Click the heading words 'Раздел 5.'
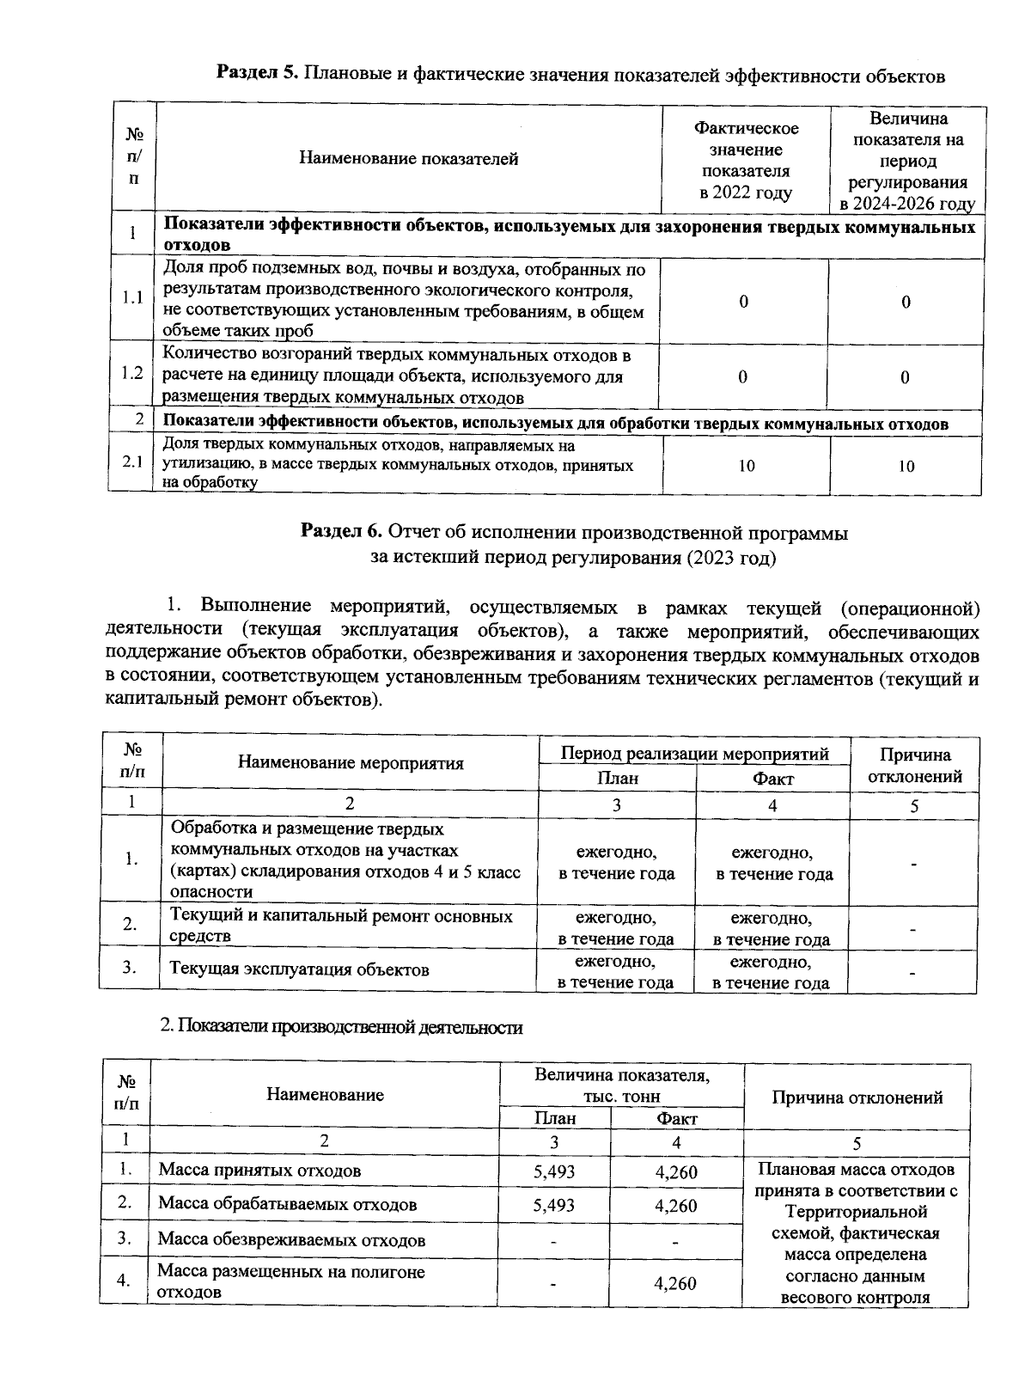[x=256, y=75]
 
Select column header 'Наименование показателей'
[x=408, y=159]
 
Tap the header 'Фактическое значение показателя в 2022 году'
[x=746, y=161]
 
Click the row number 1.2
[x=132, y=373]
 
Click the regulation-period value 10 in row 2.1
[x=906, y=466]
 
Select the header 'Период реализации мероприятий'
[x=694, y=754]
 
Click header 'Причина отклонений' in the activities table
[x=914, y=766]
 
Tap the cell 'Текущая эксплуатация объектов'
[x=299, y=969]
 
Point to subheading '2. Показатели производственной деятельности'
[x=342, y=1028]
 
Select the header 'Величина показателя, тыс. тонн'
[x=621, y=1085]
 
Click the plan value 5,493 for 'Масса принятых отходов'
[x=554, y=1171]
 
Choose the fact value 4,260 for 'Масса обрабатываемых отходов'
[x=675, y=1206]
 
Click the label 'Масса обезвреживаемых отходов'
[x=291, y=1240]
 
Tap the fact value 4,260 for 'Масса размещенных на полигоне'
[x=675, y=1284]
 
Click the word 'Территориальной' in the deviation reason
[x=857, y=1213]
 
